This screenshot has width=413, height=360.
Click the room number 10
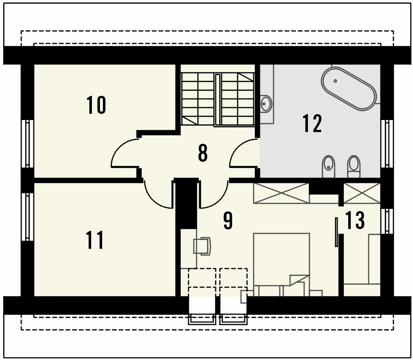96,105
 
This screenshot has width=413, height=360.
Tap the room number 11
95,240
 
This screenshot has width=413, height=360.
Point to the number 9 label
228,221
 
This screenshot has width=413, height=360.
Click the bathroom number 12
312,123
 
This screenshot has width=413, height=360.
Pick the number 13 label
355,220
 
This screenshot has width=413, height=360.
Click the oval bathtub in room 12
349,89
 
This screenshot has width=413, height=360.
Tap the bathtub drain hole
335,81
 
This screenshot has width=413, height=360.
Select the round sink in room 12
266,104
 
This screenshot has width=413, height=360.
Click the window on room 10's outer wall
28,143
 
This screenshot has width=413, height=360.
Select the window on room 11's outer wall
28,217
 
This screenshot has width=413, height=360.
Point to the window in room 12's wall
387,143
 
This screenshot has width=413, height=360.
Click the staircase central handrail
217,100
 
